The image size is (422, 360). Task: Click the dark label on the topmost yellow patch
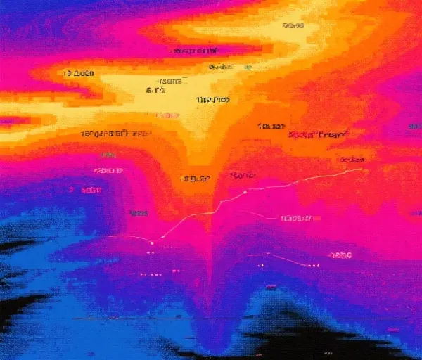[x=293, y=25]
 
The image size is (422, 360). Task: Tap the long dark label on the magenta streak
[x=195, y=51]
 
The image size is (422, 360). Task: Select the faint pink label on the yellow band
[x=167, y=114]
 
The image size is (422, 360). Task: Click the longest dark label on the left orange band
[x=115, y=133]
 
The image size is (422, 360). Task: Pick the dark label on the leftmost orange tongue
[x=79, y=73]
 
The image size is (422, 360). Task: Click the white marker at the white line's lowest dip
[x=162, y=239]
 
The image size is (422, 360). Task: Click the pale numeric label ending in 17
[x=295, y=218]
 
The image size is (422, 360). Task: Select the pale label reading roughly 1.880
[x=340, y=255]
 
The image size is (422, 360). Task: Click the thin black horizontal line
[x=239, y=319]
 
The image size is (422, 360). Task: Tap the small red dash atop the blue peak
[x=271, y=286]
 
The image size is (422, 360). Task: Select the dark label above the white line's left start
[x=137, y=212]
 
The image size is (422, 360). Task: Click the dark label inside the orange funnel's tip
[x=196, y=179]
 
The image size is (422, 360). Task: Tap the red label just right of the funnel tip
[x=241, y=174]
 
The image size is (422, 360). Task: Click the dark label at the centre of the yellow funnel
[x=211, y=101]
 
